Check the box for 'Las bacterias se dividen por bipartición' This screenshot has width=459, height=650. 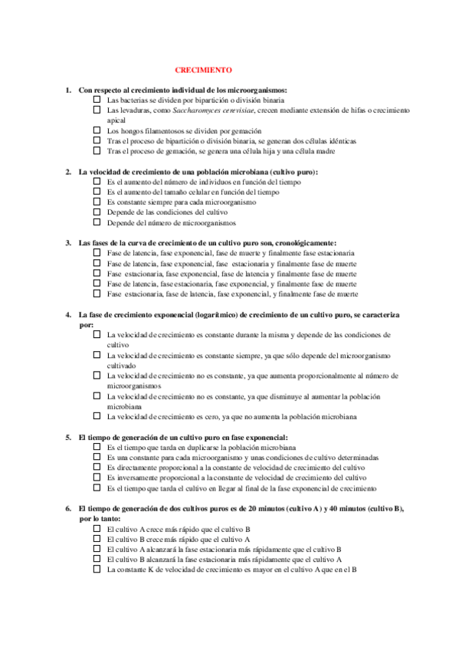97,100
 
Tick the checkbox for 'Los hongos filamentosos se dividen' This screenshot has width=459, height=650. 97,130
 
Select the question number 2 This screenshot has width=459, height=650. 68,172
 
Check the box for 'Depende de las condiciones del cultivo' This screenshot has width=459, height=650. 97,212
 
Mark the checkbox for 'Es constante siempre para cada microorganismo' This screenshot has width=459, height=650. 97,202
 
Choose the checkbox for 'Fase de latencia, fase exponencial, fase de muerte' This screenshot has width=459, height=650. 97,252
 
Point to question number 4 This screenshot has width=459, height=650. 68,314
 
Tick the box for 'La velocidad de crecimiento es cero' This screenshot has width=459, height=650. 97,415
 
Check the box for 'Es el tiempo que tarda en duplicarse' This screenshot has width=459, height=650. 97,446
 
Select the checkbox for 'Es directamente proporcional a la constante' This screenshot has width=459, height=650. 97,466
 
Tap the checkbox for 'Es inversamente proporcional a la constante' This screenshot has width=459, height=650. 97,477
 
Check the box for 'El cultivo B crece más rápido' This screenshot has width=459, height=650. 97,539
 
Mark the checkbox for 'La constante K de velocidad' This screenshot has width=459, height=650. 97,570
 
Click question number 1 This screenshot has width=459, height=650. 68,90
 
